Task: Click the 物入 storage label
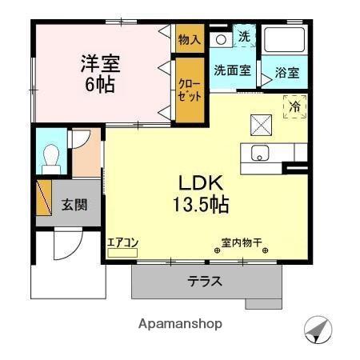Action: pyautogui.click(x=190, y=39)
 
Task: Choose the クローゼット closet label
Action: pyautogui.click(x=190, y=87)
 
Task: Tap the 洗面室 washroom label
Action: pyautogui.click(x=232, y=70)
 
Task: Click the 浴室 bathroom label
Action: pyautogui.click(x=288, y=73)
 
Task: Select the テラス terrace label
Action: pyautogui.click(x=206, y=282)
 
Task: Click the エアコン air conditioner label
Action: pyautogui.click(x=123, y=244)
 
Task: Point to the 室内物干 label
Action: pyautogui.click(x=242, y=245)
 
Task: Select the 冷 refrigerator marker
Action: pyautogui.click(x=294, y=106)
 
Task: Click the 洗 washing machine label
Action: pyautogui.click(x=245, y=36)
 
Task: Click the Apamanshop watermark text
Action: pyautogui.click(x=180, y=324)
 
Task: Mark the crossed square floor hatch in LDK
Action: pyautogui.click(x=262, y=124)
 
